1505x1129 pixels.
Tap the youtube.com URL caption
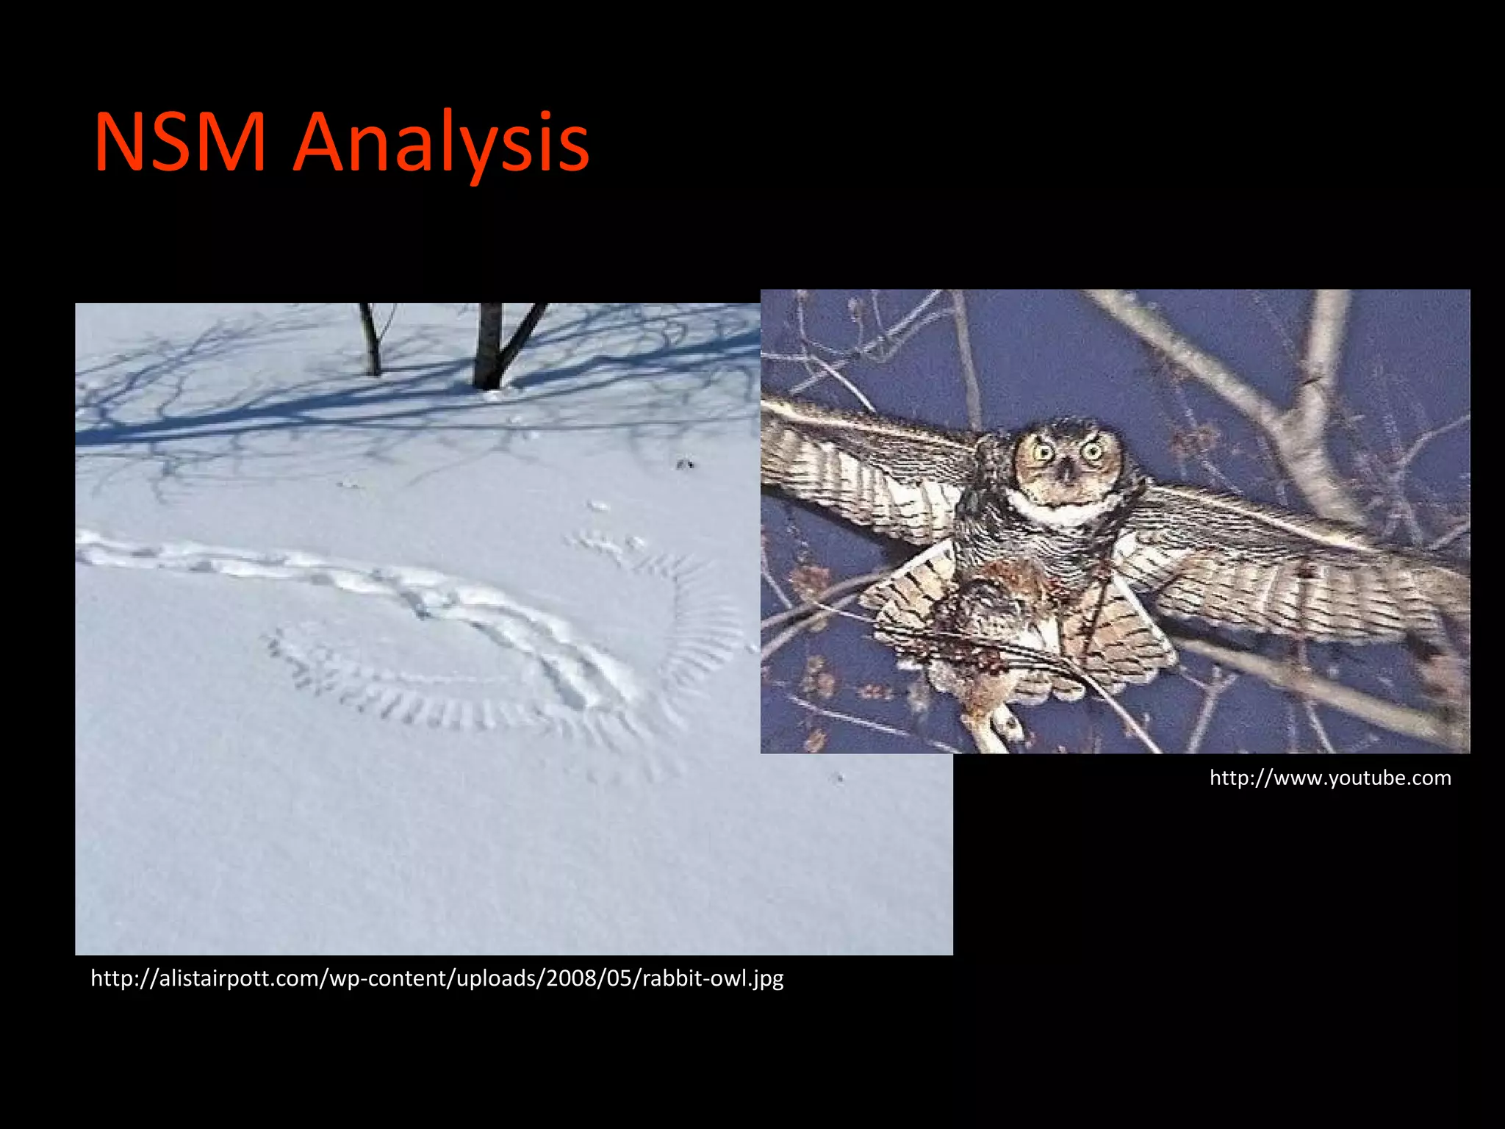tap(1330, 778)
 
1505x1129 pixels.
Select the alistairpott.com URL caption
tap(437, 978)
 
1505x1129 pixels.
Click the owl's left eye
tap(1044, 451)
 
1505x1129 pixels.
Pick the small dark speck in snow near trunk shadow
tap(685, 464)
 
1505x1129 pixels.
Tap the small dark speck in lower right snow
tap(838, 777)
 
